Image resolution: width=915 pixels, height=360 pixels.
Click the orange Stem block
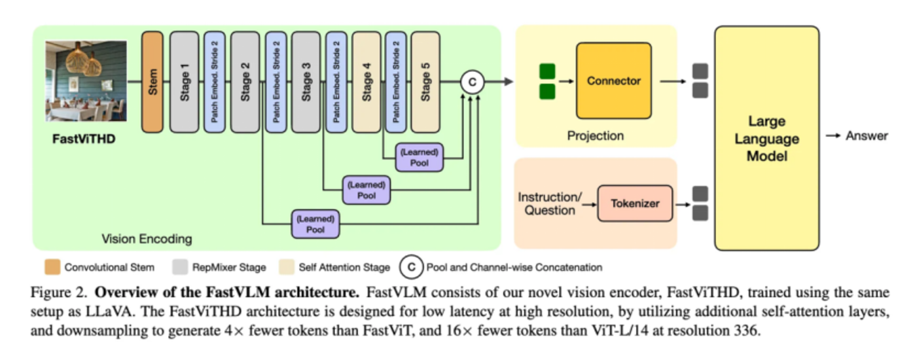[152, 82]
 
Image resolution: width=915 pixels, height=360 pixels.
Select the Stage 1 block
[184, 82]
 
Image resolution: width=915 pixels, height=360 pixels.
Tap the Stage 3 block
[306, 82]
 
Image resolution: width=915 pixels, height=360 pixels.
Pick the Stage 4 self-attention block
[367, 82]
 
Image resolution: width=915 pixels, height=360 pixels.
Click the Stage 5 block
[425, 82]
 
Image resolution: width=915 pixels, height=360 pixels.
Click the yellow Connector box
[613, 81]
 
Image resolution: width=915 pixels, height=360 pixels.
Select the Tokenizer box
[635, 204]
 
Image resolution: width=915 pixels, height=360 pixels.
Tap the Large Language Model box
[766, 138]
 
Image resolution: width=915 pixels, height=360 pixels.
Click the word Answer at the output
[867, 136]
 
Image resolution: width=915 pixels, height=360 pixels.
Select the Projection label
[596, 136]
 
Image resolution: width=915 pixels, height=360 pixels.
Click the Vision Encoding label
[147, 239]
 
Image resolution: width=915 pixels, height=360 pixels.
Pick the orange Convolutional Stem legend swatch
[52, 267]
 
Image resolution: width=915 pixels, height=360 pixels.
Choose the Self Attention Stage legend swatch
[285, 267]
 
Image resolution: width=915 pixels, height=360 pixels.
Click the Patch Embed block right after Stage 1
[214, 82]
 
